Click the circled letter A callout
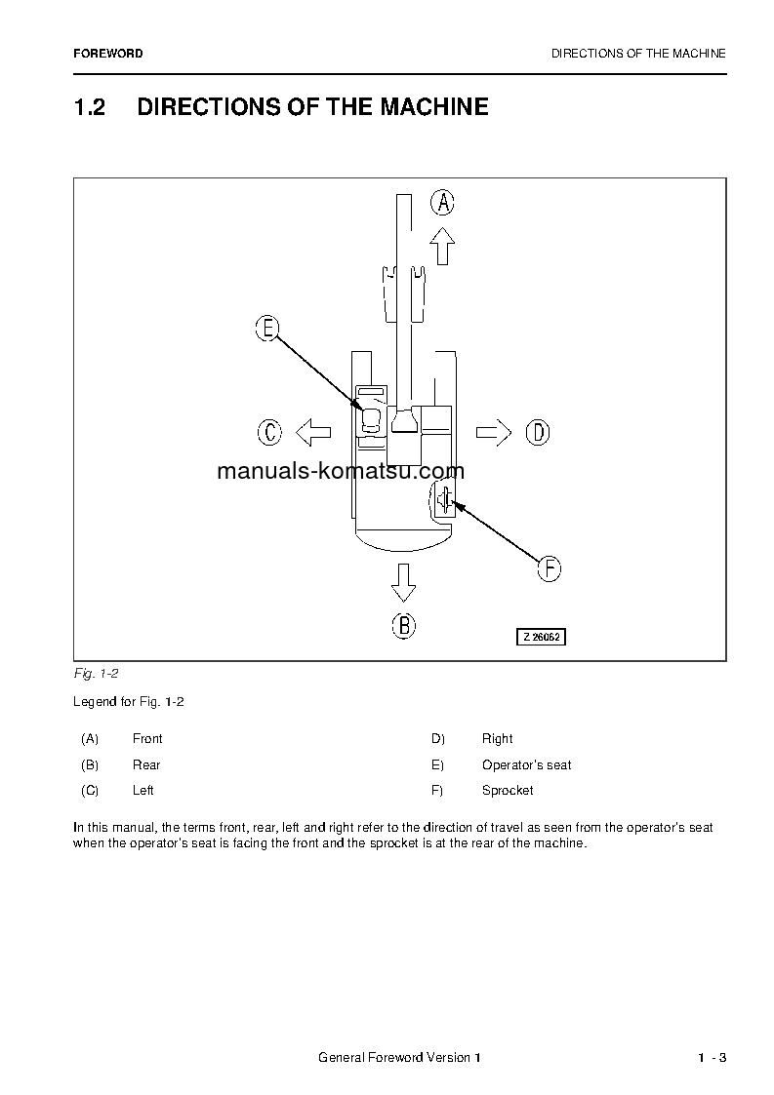point(443,203)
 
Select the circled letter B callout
point(404,625)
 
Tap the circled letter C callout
point(269,432)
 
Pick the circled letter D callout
point(538,432)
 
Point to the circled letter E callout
point(267,329)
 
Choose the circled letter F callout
point(550,568)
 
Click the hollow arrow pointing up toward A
point(443,246)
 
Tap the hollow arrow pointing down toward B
point(403,581)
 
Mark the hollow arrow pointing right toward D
point(494,432)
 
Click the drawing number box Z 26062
point(542,637)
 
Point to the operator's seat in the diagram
point(371,420)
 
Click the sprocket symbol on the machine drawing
point(444,501)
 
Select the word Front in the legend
point(147,739)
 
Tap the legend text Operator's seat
point(526,765)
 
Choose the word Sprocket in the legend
point(508,791)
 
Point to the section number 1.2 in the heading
point(89,107)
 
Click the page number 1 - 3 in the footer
point(712,1059)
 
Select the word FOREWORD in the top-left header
point(108,54)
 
